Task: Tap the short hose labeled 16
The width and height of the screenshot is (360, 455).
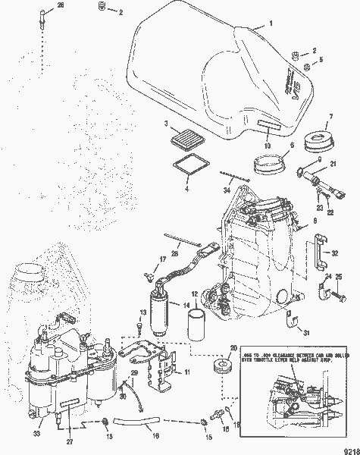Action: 156,423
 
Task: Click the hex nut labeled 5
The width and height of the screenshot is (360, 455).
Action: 307,68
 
